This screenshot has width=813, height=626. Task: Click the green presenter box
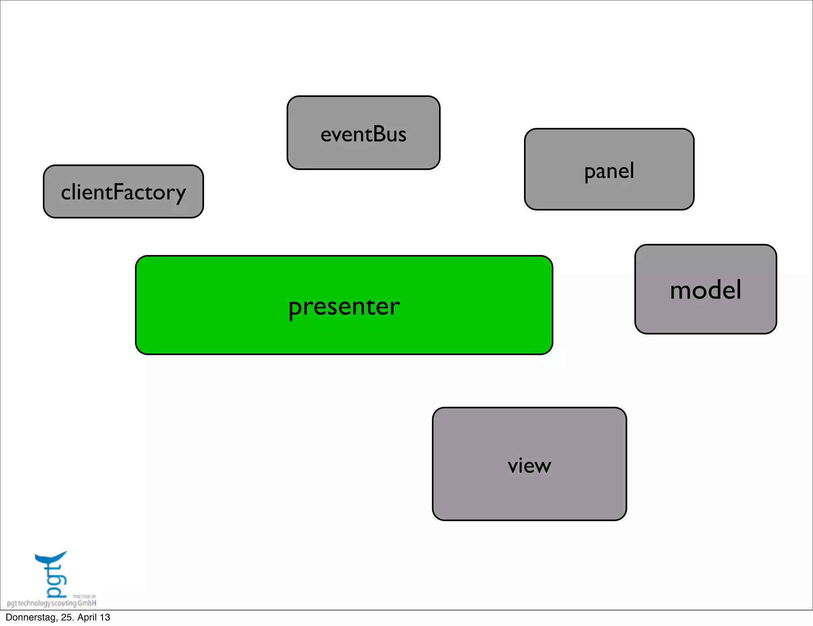pos(344,305)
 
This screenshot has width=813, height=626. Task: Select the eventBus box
pos(363,133)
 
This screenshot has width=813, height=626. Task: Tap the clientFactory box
pos(123,191)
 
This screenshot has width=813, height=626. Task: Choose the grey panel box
pos(609,169)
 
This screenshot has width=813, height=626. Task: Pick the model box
pos(705,289)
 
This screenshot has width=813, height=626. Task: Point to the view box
pos(529,464)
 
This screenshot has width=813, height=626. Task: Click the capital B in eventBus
pos(374,134)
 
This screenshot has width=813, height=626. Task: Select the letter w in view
pos(541,466)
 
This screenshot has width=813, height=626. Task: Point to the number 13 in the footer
pos(105,617)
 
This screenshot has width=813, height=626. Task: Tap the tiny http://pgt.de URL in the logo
pos(84,596)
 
